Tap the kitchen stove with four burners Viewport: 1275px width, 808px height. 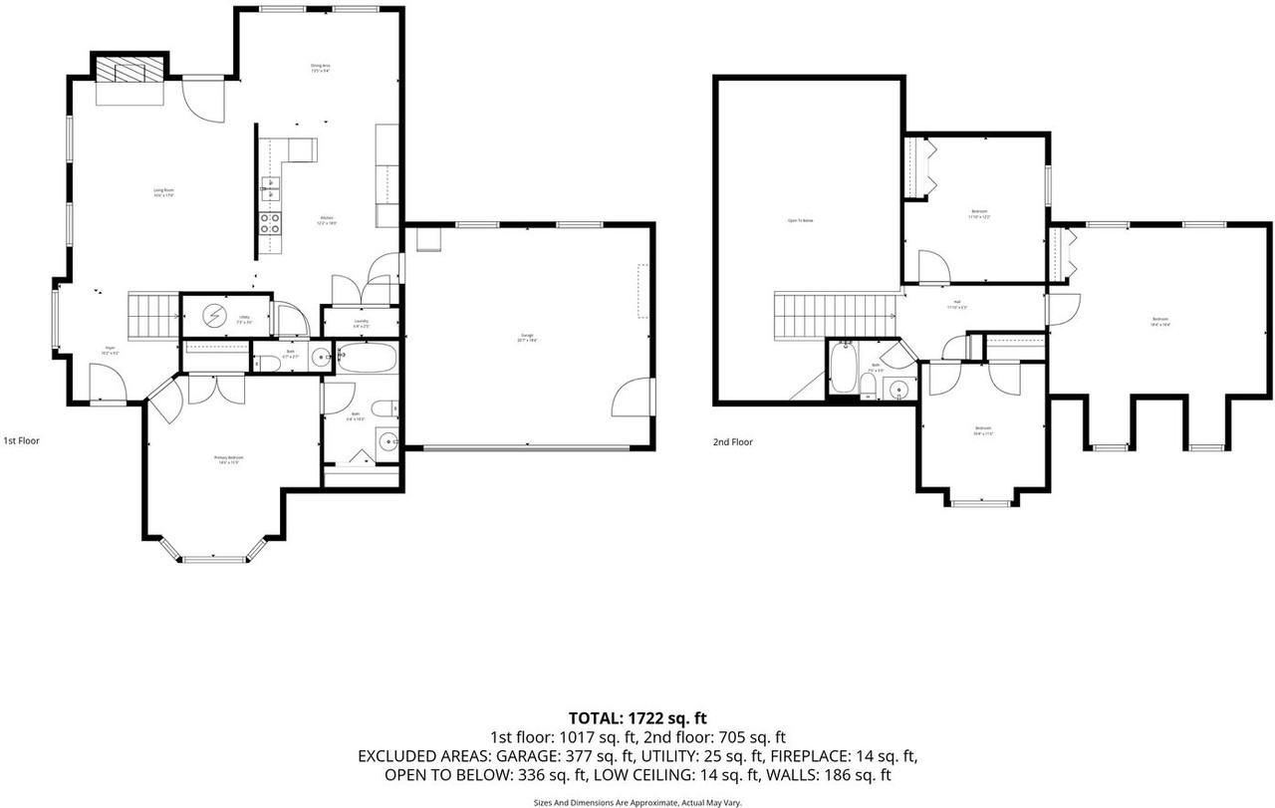(x=269, y=223)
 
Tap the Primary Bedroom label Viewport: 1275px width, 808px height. (x=229, y=459)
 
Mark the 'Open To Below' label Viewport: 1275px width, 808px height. (x=801, y=220)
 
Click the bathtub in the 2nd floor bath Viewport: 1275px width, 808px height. (x=843, y=370)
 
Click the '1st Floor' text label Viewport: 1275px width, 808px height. (x=22, y=439)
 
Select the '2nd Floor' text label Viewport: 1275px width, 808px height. (x=732, y=441)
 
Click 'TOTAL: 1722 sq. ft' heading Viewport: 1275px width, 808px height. (x=637, y=717)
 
